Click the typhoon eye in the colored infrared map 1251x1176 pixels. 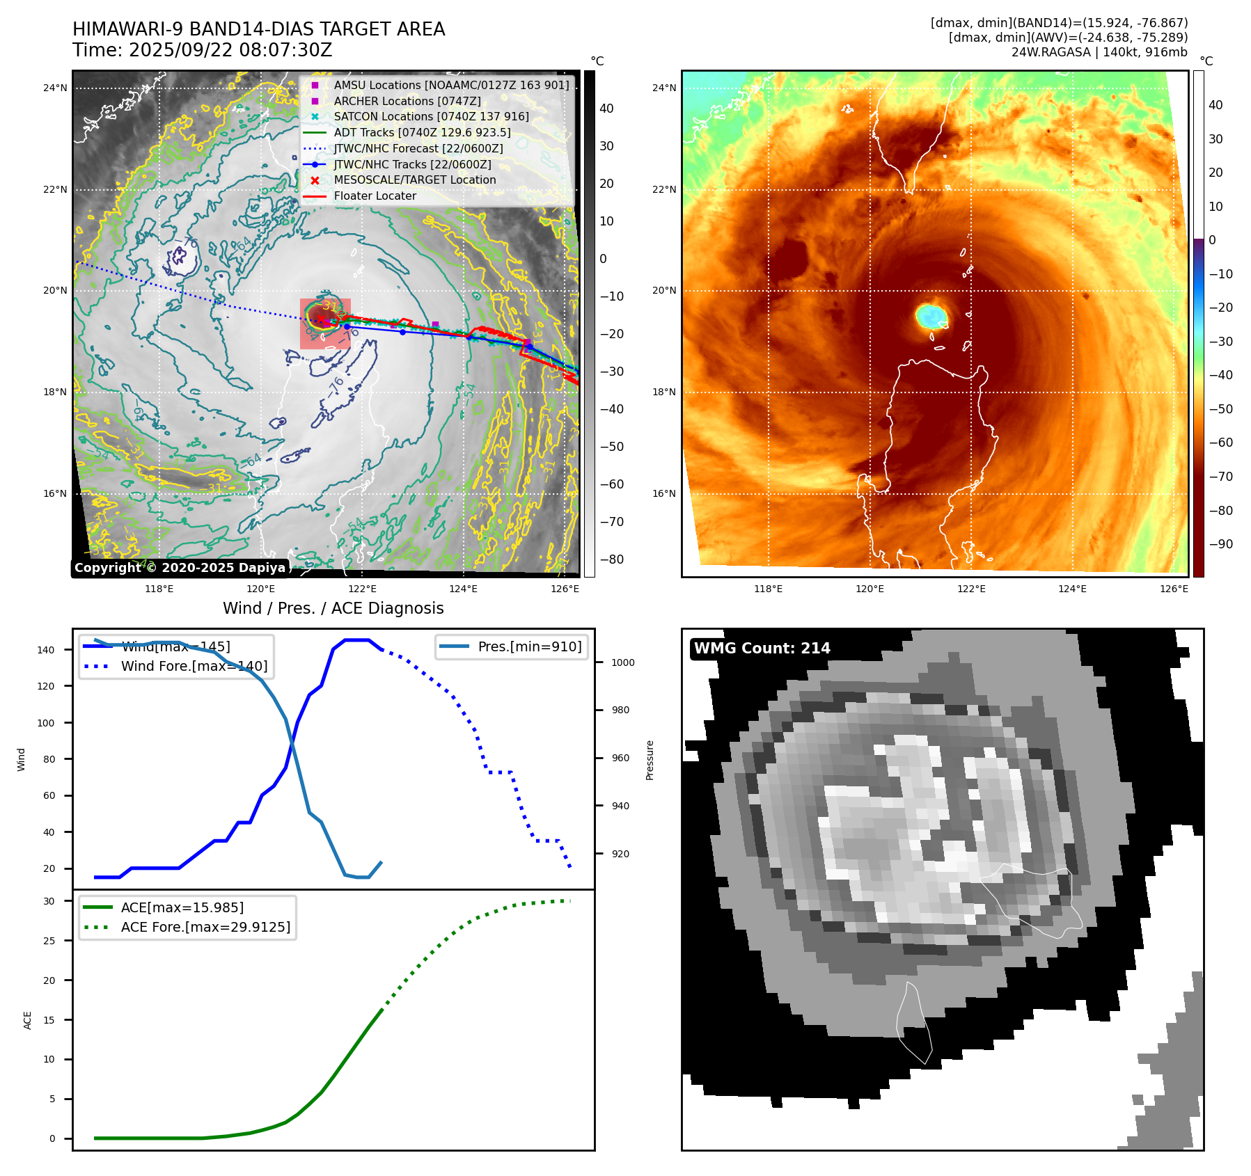931,316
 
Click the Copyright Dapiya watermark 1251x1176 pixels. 180,568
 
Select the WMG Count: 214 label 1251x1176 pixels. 762,649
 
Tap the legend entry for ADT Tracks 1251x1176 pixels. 422,133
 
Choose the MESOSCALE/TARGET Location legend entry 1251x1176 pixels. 415,180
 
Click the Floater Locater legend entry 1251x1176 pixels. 375,196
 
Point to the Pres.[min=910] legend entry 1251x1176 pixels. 529,647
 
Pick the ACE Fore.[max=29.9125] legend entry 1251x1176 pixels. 205,928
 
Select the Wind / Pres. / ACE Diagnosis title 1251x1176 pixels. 333,609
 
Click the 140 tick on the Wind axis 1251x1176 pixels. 46,650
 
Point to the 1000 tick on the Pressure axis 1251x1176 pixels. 622,663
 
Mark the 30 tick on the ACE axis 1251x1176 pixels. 49,901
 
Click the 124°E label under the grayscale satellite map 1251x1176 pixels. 463,589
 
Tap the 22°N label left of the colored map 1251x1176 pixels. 663,190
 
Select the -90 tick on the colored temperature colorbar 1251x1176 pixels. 1220,544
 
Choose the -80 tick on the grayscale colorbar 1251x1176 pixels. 612,559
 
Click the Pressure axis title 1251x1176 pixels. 650,760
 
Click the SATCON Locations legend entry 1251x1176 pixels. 431,117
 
